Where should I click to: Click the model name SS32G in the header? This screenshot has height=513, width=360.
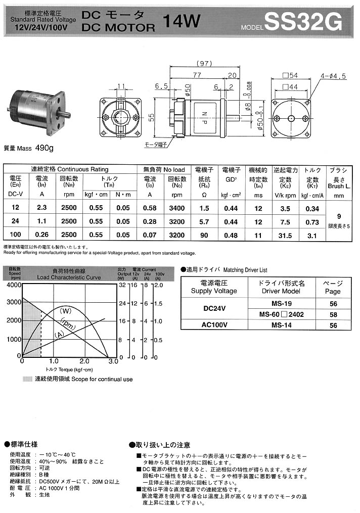(x=303, y=22)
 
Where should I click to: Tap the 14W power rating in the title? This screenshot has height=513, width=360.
(x=182, y=21)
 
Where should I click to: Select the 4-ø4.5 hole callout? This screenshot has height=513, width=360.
(x=332, y=76)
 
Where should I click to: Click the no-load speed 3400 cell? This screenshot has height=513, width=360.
(x=177, y=208)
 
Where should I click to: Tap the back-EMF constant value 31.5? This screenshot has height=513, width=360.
(x=285, y=235)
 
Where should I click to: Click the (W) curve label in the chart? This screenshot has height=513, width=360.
(x=66, y=310)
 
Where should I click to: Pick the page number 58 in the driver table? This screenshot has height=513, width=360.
(x=333, y=314)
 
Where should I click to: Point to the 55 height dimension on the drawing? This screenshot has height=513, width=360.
(x=151, y=117)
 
